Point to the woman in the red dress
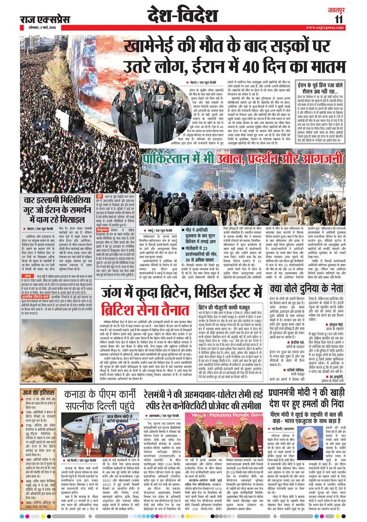(88, 440)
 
